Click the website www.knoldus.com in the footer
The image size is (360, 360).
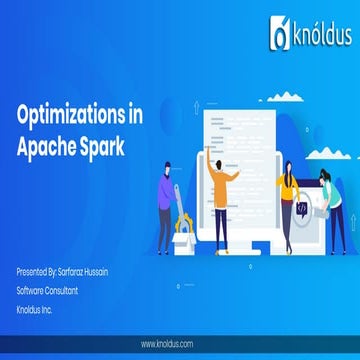click(179, 343)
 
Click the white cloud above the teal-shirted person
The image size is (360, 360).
click(315, 98)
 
